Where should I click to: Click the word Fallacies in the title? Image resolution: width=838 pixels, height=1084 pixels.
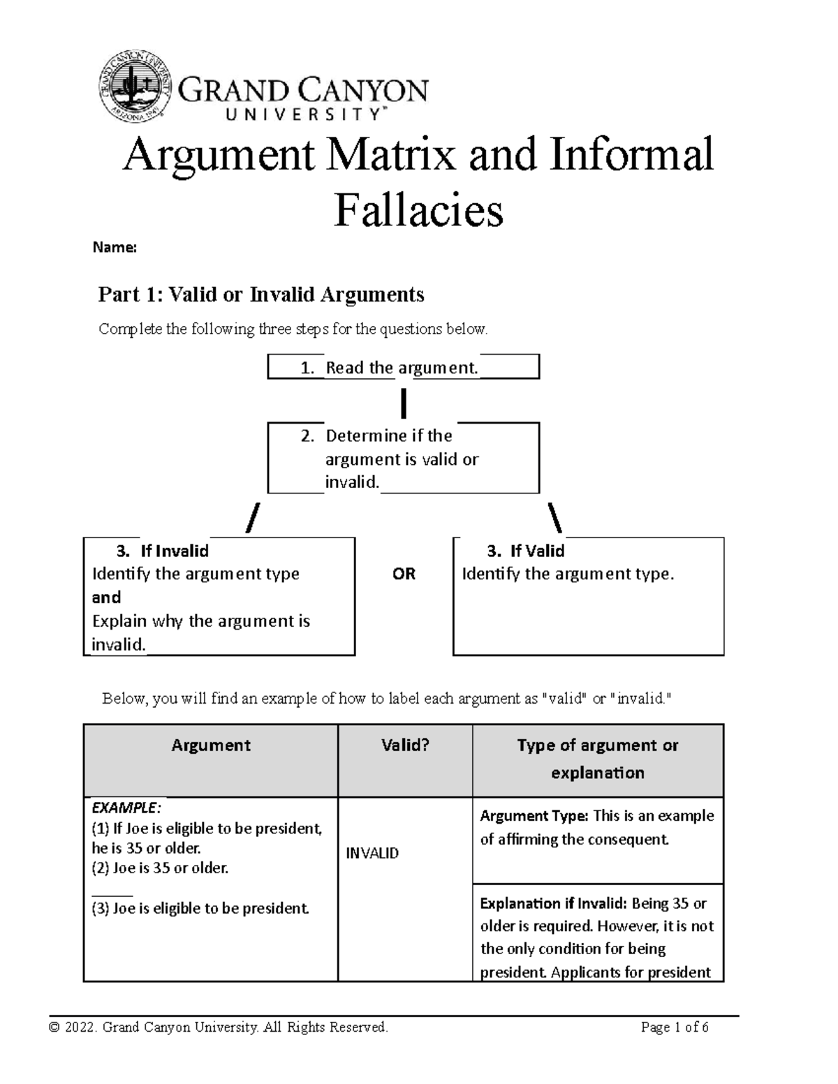[418, 211]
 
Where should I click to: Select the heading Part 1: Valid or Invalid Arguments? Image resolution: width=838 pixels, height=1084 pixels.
[261, 295]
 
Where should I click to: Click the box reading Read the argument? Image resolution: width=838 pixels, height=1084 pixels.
[403, 368]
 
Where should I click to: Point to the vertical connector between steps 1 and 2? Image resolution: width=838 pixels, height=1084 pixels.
[404, 403]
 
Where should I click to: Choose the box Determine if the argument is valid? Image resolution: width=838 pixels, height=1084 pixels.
[403, 458]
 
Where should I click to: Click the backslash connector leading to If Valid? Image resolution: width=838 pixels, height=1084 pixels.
[556, 519]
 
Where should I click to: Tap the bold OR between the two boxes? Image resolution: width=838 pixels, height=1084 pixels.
[404, 574]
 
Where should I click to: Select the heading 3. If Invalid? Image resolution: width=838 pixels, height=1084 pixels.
[163, 551]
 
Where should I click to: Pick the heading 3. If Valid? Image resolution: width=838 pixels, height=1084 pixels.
[526, 551]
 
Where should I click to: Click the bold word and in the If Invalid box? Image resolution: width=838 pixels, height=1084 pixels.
[106, 597]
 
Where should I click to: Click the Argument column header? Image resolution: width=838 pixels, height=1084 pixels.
[211, 745]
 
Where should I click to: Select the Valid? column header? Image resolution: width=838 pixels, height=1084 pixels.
[405, 745]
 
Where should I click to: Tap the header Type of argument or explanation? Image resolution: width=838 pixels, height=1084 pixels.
[598, 759]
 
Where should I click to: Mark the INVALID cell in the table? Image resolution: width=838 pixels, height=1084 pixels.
[372, 853]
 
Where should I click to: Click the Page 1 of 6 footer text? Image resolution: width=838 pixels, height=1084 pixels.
[674, 1027]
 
